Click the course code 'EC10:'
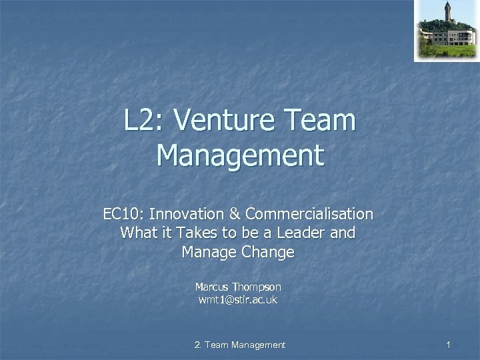coord(124,215)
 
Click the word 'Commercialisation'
coord(309,215)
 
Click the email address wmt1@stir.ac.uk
coord(238,300)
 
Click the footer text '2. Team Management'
coord(239,345)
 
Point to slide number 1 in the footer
coord(449,345)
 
